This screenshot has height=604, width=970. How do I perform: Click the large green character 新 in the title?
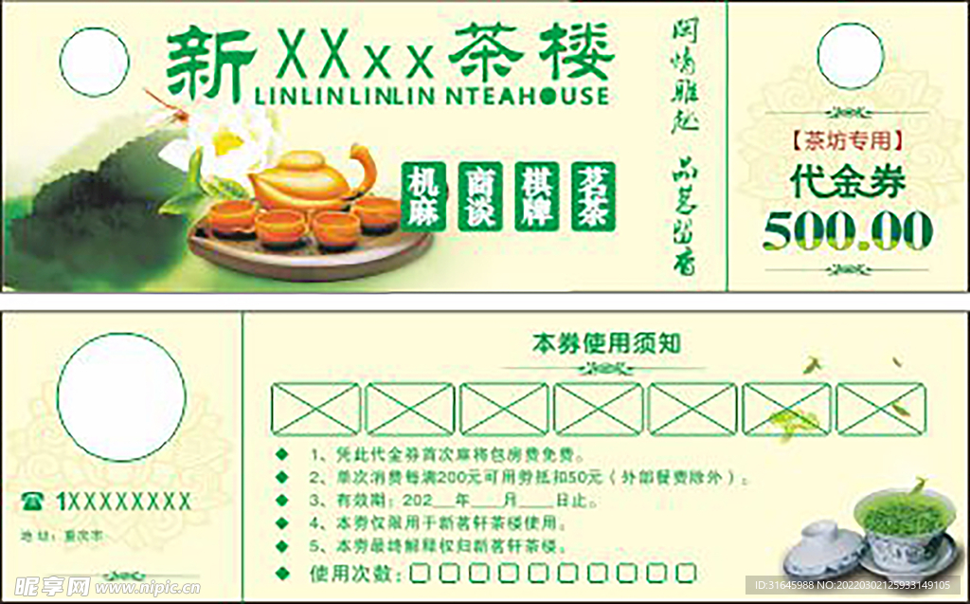pos(210,63)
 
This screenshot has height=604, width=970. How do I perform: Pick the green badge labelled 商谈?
pos(480,196)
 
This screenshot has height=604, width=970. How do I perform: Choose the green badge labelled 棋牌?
pos(537,196)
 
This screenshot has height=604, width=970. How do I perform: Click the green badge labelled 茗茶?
pos(594,196)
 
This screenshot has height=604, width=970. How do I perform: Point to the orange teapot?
pos(308,179)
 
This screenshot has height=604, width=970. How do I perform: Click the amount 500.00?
pos(848,230)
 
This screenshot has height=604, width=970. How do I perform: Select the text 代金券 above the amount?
pos(849,182)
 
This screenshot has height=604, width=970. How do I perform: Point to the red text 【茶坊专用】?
pos(848,141)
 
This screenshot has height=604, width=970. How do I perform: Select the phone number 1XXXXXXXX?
pos(123,502)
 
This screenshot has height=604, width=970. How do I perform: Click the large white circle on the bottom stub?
pos(121,397)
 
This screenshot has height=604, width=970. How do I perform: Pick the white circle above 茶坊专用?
pos(850,57)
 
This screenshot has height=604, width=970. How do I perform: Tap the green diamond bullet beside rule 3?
pos(281,499)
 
